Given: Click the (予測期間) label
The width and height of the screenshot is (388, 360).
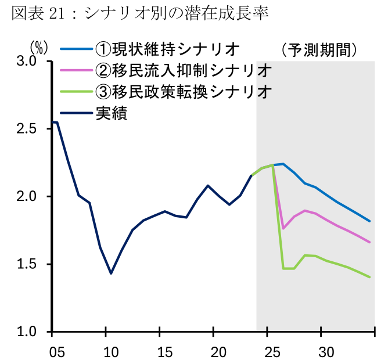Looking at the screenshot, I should click(317, 49).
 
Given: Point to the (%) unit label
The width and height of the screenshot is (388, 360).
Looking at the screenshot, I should click(39, 46).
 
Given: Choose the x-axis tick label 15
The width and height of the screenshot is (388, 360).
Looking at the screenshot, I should click(160, 351).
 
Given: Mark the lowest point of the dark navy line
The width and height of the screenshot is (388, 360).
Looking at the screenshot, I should click(111, 273).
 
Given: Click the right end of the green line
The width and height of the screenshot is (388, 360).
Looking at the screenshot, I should click(369, 277).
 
